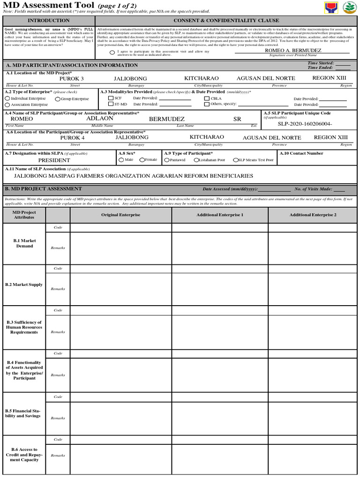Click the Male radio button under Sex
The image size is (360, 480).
[x=121, y=160]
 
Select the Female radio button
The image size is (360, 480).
[x=142, y=160]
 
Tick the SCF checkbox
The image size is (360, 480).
[x=111, y=98]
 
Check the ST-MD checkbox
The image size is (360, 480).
[x=111, y=104]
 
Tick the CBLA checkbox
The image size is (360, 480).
[x=207, y=98]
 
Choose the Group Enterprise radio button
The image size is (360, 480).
[x=57, y=99]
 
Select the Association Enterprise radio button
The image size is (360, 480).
[x=7, y=105]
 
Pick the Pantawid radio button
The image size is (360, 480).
[x=167, y=160]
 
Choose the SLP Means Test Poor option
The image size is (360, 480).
[x=235, y=160]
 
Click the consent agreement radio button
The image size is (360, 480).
[x=112, y=53]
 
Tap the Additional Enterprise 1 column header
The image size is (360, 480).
[x=220, y=215]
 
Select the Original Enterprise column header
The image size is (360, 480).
[x=120, y=215]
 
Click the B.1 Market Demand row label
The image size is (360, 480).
[x=24, y=243]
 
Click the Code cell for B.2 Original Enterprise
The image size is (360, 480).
[x=120, y=269]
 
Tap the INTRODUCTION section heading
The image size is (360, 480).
[x=49, y=21]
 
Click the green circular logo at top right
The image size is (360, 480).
[x=349, y=7]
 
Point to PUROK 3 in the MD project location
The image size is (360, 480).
[x=71, y=79]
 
